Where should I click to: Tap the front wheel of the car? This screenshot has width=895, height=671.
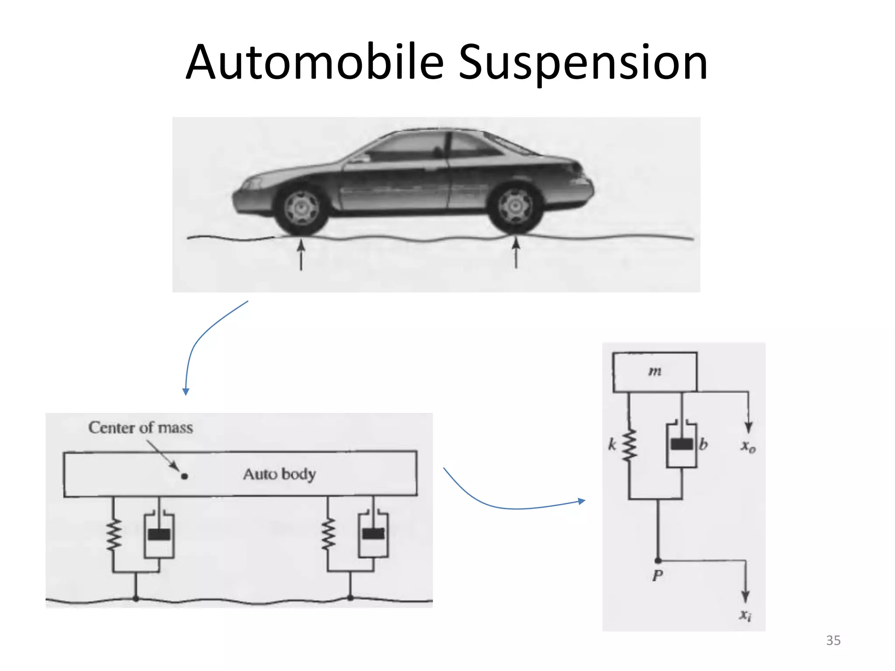(301, 208)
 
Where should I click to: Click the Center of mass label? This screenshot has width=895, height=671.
(140, 428)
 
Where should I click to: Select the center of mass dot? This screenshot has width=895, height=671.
(184, 476)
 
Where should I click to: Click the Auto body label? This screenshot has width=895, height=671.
(280, 474)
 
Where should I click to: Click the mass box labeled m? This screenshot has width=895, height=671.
(655, 372)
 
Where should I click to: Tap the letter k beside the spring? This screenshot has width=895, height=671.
(612, 445)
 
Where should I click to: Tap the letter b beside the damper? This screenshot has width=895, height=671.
(703, 445)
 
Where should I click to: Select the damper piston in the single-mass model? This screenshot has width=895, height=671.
(682, 444)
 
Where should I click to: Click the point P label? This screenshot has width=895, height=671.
(657, 576)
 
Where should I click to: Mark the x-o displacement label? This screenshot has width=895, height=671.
(748, 446)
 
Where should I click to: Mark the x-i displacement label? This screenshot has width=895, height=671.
(746, 615)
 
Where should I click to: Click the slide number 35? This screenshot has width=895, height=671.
(833, 640)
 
